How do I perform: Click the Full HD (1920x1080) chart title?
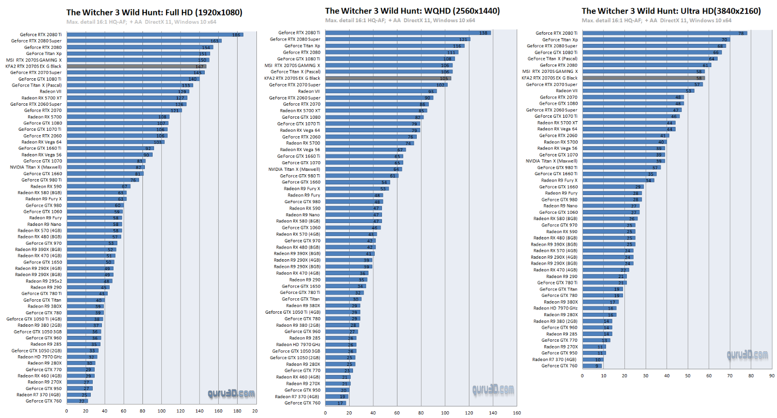click(154, 13)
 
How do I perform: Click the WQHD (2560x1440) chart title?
click(412, 11)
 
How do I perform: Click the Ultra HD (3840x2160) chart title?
click(671, 11)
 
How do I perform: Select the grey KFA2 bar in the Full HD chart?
click(136, 67)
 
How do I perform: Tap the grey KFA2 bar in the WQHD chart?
click(388, 78)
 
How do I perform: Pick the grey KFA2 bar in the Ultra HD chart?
click(643, 78)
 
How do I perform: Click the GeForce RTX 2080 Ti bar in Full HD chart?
click(155, 35)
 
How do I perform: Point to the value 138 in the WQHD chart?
click(483, 33)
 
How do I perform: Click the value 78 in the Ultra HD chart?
click(741, 33)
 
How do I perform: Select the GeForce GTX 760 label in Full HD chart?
click(43, 401)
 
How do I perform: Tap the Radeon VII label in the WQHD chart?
click(309, 91)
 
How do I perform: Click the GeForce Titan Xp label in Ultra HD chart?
click(560, 40)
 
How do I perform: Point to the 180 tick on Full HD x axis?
click(237, 411)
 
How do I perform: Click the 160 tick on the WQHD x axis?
click(517, 413)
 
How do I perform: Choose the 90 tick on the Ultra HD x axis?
click(772, 376)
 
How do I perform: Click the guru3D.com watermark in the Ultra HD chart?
click(747, 355)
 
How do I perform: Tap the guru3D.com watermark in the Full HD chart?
click(231, 394)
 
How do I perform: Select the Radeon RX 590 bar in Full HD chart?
click(99, 186)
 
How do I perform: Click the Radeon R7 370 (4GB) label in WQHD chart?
click(297, 397)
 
